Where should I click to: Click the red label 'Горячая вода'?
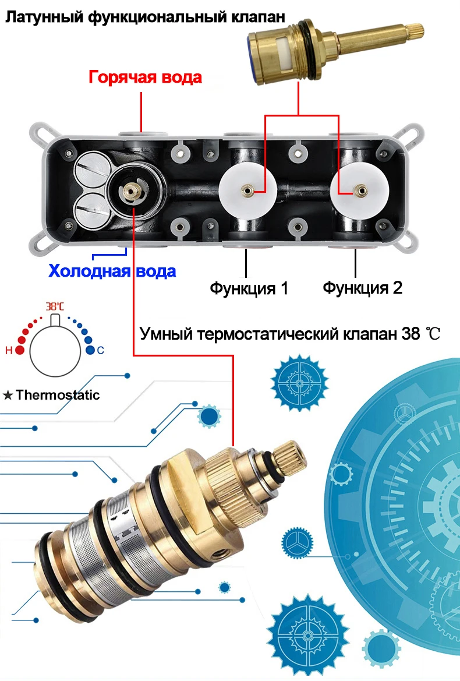pyautogui.click(x=145, y=77)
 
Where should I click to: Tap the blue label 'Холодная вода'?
pyautogui.click(x=112, y=271)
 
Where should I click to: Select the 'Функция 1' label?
pyautogui.click(x=249, y=288)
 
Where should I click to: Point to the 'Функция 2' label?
pyautogui.click(x=363, y=288)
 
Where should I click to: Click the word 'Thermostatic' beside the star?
pyautogui.click(x=58, y=395)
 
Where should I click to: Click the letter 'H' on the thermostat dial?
pyautogui.click(x=8, y=351)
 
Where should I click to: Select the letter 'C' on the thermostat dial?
pyautogui.click(x=100, y=351)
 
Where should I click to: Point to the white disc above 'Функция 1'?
pyautogui.click(x=247, y=190)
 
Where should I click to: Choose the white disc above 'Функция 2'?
pyautogui.click(x=360, y=190)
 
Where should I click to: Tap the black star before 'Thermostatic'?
pyautogui.click(x=8, y=396)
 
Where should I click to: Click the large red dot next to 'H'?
pyautogui.click(x=20, y=350)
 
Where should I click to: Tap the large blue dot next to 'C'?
pyautogui.click(x=90, y=350)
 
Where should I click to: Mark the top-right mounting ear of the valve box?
pyautogui.click(x=415, y=130)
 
